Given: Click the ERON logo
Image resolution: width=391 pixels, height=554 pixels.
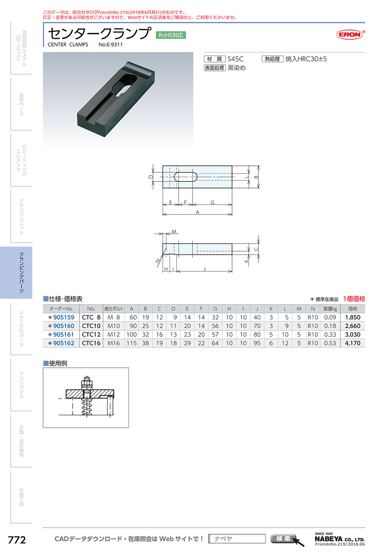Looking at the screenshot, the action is coord(350,34).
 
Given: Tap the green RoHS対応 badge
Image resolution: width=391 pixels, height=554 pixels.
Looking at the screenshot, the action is coord(171,35).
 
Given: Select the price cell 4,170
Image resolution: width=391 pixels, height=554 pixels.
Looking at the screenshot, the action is coord(352,343).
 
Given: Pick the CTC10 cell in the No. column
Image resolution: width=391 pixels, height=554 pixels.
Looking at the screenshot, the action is coord(91,326).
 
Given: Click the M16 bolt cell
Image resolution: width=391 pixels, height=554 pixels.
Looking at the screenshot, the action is coord(113,343).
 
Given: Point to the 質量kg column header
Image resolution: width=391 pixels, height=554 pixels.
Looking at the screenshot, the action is coord(330,309).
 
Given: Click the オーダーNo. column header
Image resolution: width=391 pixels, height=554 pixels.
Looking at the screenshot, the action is coord(61,309).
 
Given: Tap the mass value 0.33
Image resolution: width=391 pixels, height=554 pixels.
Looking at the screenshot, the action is coord(330,334).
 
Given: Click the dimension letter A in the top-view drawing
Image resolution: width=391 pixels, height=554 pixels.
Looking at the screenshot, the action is coord(197,212).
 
